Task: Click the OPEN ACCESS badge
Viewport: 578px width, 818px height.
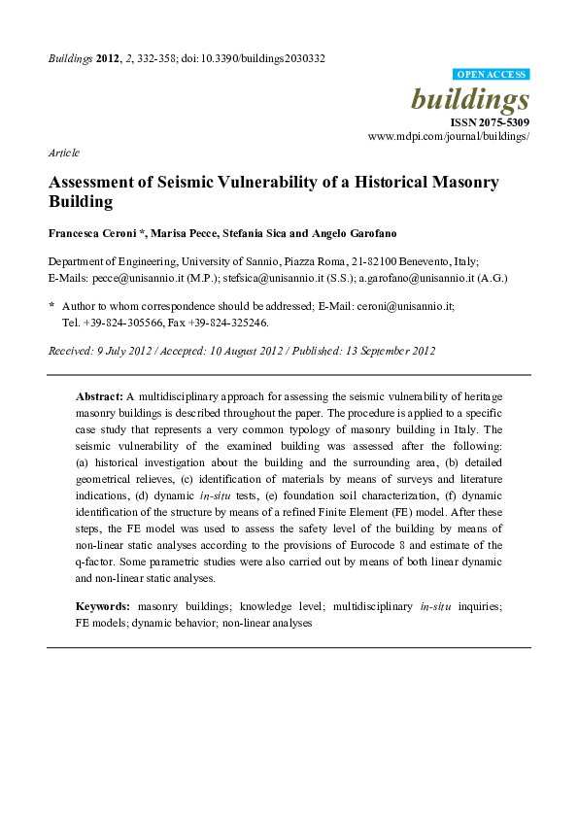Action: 492,74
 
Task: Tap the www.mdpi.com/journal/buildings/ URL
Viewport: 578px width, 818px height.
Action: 449,138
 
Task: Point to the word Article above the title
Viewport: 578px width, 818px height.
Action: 63,153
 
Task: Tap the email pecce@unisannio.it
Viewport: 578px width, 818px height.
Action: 134,278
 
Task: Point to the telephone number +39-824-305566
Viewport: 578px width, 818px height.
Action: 120,322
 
